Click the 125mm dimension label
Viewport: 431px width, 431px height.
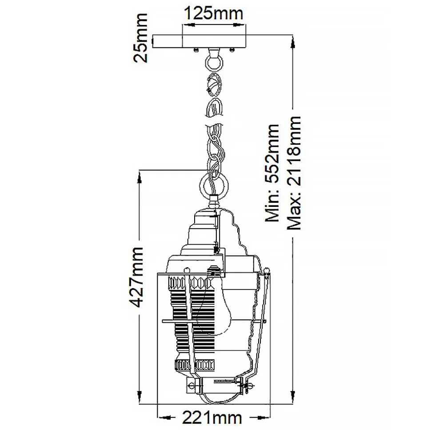point(213,13)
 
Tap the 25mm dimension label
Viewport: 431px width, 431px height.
point(140,38)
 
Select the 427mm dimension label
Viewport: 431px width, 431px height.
point(136,277)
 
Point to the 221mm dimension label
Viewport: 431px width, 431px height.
point(212,419)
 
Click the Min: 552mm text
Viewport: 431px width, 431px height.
point(272,173)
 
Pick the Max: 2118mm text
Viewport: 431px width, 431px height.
point(294,173)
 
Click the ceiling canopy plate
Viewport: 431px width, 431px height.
point(199,41)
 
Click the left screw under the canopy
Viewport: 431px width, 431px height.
point(196,49)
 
